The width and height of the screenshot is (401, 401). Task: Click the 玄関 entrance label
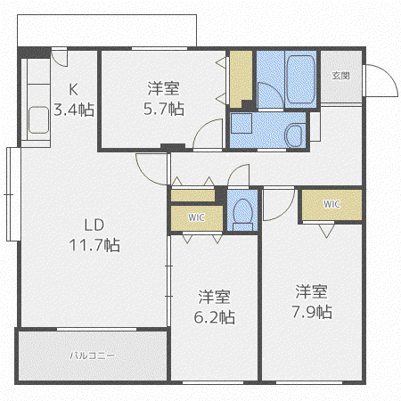(x=340, y=76)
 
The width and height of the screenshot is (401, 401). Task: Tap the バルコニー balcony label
(x=92, y=356)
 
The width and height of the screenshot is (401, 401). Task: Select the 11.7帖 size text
(x=94, y=245)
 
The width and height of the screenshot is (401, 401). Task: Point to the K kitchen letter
(x=73, y=89)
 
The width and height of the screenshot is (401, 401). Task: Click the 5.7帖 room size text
(x=164, y=109)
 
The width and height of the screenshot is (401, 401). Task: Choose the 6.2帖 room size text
(x=214, y=317)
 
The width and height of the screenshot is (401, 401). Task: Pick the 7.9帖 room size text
(x=312, y=312)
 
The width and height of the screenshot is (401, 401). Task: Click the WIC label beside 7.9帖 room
(x=331, y=204)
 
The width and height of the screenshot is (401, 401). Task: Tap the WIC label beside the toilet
(x=196, y=217)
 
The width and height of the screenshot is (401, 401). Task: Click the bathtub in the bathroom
(x=300, y=79)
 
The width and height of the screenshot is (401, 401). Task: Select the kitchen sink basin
(x=38, y=120)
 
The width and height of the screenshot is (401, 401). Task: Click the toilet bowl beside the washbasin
(x=295, y=135)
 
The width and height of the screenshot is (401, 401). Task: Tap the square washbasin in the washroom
(x=241, y=123)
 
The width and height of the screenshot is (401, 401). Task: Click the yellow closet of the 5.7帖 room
(x=241, y=78)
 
